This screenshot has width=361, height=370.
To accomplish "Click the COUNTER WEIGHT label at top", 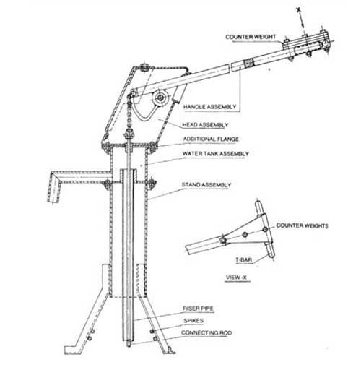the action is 251,37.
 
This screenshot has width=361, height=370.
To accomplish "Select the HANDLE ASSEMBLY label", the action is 209,107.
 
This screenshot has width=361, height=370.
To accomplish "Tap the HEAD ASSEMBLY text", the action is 205,125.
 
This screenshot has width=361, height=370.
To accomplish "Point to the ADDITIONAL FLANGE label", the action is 211,139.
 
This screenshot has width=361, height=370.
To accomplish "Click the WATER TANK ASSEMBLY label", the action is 216,154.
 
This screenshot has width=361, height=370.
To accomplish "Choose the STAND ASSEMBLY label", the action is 206,185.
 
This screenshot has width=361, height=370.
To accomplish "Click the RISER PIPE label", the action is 198,309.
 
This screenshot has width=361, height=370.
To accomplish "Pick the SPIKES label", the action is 193,321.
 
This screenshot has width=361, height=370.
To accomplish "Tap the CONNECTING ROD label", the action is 206,333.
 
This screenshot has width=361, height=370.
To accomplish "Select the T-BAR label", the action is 244,260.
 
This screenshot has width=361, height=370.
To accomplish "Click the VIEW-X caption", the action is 236,277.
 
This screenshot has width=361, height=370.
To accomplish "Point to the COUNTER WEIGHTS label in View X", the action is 302,225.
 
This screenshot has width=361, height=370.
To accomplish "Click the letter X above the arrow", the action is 298,9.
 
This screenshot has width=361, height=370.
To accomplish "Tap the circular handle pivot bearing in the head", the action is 160,98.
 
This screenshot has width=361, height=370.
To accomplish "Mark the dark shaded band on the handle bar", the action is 249,64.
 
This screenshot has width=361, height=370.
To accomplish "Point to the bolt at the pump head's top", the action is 144,66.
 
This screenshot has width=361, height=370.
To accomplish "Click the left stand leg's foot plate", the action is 73,350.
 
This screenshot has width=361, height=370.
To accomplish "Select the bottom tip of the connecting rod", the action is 129,346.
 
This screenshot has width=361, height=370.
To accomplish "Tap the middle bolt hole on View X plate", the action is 245,234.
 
